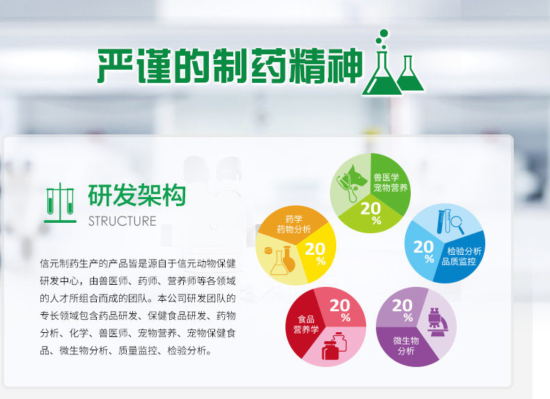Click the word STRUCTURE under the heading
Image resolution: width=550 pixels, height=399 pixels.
122,221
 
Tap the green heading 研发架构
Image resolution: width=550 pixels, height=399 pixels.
136,196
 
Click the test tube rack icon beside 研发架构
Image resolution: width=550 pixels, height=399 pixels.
60,203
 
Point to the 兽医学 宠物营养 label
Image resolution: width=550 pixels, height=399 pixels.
390,182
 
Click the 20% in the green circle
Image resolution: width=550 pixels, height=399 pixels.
371,212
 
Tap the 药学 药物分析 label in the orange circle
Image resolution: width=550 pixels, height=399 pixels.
294,224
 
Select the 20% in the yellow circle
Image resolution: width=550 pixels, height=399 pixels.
315,253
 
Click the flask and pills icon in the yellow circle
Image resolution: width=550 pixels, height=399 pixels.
281,260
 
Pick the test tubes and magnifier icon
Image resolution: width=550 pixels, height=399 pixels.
450,221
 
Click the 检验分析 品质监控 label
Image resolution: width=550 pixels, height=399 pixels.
462,256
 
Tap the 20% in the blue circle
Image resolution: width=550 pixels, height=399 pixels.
424,251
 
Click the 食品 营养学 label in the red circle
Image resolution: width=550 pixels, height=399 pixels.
306,324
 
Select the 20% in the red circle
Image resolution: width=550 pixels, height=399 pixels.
340,310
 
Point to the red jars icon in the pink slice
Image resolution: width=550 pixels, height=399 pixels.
333,346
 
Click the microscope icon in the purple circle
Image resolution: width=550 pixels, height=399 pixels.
437,322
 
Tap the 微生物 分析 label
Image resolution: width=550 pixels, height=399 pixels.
406,345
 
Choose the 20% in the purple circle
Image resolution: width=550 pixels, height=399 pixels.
402,310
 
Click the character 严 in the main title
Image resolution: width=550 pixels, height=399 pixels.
115,65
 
